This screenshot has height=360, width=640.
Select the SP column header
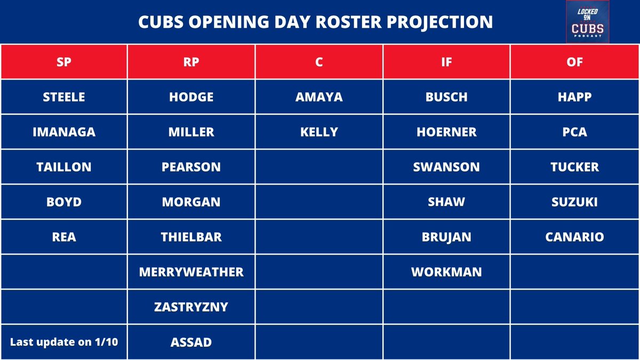64,62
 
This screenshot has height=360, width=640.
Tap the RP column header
191,62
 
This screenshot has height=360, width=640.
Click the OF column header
574,62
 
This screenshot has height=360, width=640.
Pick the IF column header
446,62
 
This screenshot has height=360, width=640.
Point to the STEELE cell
64,97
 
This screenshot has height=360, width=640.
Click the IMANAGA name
64,132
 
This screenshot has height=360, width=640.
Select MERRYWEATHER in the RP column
191,272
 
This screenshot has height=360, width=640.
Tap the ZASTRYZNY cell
191,307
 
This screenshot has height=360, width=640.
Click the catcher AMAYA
319,97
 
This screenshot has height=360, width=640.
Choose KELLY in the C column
319,132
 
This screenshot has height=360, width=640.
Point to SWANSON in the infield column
446,167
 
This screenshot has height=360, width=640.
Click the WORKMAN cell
446,272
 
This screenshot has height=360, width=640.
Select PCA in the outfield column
574,132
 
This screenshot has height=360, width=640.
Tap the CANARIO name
574,237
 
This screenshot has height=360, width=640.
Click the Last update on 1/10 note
64,342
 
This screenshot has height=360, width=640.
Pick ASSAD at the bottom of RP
191,342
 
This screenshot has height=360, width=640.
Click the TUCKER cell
574,167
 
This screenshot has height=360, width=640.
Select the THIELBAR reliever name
191,237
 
